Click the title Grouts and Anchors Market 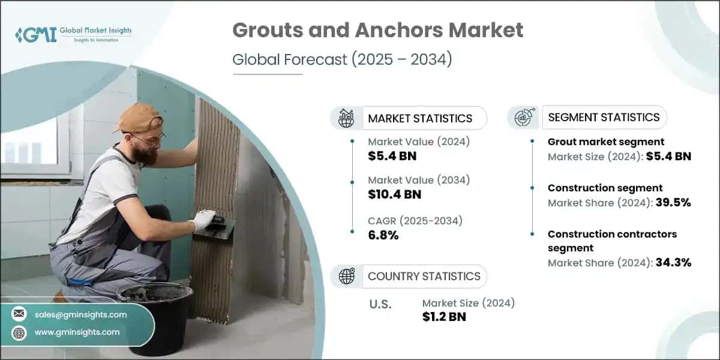coord(377,30)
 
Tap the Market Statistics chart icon coord(346,118)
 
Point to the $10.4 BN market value coord(395,194)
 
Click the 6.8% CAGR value coord(383,235)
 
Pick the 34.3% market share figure coord(673,262)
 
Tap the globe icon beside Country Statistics coord(346,277)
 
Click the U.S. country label coord(380,304)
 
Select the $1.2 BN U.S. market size coord(444,316)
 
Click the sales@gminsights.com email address coord(80,314)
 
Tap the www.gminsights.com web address coord(77,332)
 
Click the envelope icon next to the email coord(19,314)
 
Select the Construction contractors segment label coord(612,241)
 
